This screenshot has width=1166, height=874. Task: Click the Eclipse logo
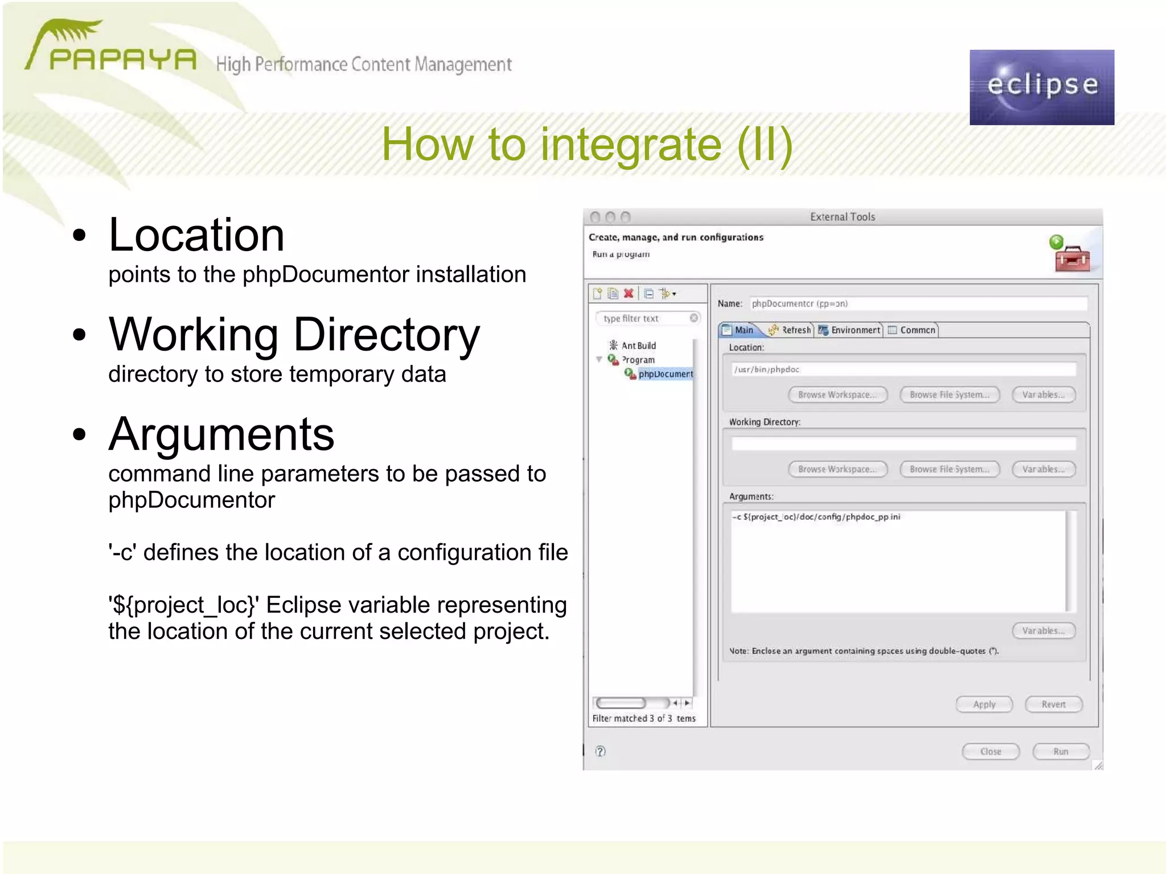[x=1041, y=87]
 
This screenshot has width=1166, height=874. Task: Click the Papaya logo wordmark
[x=122, y=59]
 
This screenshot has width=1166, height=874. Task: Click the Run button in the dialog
[x=1060, y=752]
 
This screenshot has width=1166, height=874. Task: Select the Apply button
[x=984, y=704]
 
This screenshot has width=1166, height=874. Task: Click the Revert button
[x=1053, y=704]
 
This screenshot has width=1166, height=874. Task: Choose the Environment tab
[x=849, y=330]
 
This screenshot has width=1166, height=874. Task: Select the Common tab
[x=912, y=330]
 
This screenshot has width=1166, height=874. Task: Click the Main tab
[x=739, y=330]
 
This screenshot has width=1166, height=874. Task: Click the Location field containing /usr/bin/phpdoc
[x=904, y=370]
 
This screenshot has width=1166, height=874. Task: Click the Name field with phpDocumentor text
[x=918, y=304]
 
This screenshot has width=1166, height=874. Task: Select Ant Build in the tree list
[x=638, y=346]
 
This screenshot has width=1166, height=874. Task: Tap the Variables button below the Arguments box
[x=1043, y=631]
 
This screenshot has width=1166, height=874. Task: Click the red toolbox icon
[x=1072, y=259]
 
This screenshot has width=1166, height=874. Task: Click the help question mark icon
[x=600, y=752]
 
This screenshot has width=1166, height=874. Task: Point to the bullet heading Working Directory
[x=294, y=335]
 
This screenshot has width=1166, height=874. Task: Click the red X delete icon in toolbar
[x=629, y=294]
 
